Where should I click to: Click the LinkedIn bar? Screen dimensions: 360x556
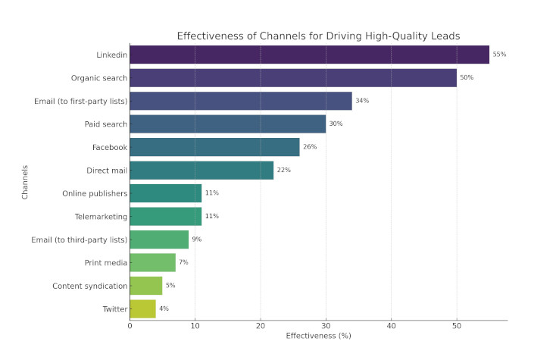pos(309,55)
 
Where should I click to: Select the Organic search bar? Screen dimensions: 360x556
pos(293,77)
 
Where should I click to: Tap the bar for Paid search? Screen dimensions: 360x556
pos(227,124)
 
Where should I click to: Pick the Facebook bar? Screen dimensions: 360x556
pos(214,147)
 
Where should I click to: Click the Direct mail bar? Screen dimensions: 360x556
pos(201,170)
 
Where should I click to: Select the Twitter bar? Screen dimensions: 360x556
pos(142,308)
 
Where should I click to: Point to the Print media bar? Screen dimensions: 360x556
pos(152,262)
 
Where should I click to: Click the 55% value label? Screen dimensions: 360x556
pos(499,55)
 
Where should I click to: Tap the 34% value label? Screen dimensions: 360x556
pos(362,101)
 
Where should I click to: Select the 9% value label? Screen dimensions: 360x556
pos(196,239)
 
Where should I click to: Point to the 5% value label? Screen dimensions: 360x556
pos(170,286)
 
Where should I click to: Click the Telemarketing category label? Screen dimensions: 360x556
pos(100,217)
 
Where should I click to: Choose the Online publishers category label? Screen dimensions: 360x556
pos(95,193)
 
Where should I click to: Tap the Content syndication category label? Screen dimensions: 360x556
pos(89,286)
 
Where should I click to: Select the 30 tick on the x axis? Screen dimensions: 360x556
pos(326,326)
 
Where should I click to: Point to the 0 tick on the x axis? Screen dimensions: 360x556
pos(130,326)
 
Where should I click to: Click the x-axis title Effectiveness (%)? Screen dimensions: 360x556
pos(318,336)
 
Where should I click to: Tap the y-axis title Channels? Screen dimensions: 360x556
pos(25,182)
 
